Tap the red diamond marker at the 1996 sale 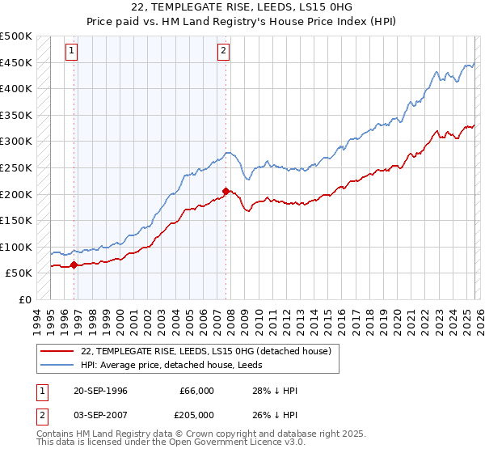pos(74,264)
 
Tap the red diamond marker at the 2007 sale pos(226,191)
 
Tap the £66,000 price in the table pos(196,391)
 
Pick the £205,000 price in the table pos(196,417)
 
